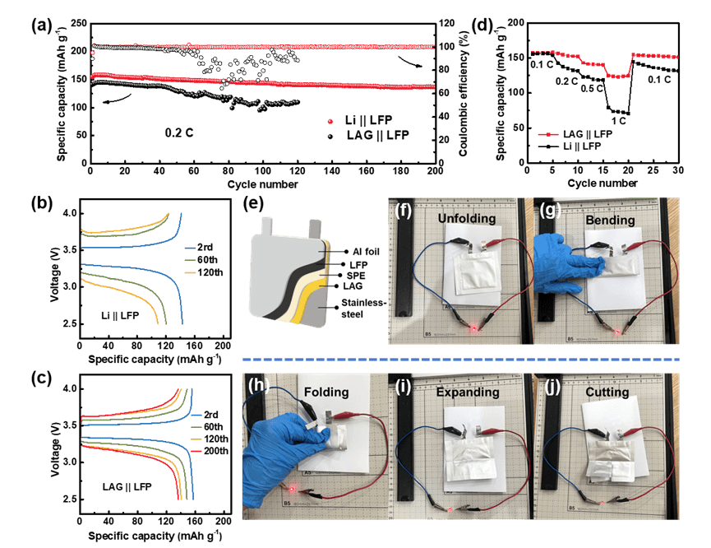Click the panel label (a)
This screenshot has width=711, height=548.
41,25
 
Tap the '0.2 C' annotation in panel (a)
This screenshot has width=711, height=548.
179,133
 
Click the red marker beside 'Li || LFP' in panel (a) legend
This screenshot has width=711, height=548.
330,121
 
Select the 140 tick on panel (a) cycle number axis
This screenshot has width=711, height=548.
332,170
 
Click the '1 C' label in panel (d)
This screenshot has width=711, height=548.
618,121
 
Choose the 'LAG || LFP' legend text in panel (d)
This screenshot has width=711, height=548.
588,134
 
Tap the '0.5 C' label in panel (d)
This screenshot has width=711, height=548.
592,88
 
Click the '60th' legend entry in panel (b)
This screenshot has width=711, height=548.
207,260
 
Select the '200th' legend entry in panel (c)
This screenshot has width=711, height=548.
216,451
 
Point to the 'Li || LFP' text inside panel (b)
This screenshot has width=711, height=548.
120,315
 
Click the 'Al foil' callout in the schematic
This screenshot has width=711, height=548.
366,252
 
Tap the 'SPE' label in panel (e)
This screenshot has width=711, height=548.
356,276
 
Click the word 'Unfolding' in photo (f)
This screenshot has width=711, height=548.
467,218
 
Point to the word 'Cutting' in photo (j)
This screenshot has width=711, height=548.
607,392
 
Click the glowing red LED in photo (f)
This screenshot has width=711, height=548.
473,327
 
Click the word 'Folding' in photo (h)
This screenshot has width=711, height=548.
326,392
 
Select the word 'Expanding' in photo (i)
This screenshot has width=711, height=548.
468,392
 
